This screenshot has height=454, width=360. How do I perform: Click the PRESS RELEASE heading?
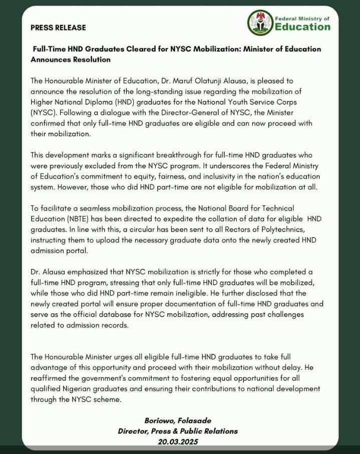pyautogui.click(x=58, y=28)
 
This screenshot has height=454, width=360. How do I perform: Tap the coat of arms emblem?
pyautogui.click(x=260, y=23)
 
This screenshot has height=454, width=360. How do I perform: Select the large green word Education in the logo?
pyautogui.click(x=302, y=27)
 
